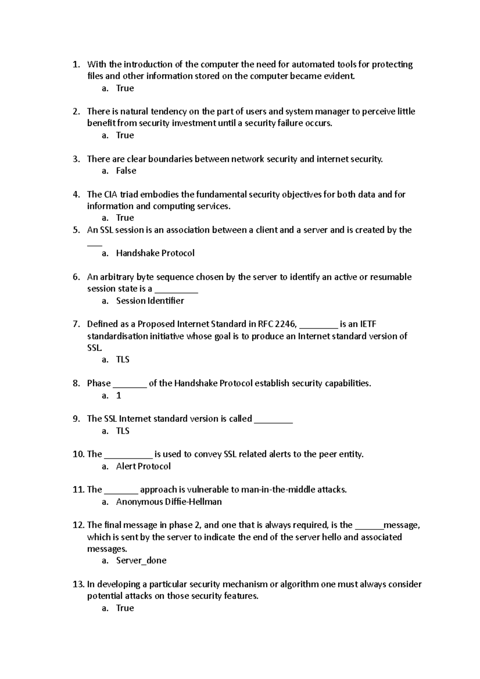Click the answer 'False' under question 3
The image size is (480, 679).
(126, 171)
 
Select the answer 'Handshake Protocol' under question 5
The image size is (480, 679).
(155, 253)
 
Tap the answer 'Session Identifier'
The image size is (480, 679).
(150, 301)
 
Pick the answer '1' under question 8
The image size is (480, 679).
(118, 395)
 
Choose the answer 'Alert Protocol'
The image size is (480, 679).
(143, 466)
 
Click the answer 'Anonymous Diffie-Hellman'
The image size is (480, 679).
(169, 502)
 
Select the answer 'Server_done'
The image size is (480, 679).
(141, 561)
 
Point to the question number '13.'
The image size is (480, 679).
(78, 584)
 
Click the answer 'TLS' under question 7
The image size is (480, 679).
(123, 359)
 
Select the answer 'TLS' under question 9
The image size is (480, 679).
(123, 431)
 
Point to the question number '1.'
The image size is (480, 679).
(77, 64)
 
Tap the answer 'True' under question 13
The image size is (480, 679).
(125, 608)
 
